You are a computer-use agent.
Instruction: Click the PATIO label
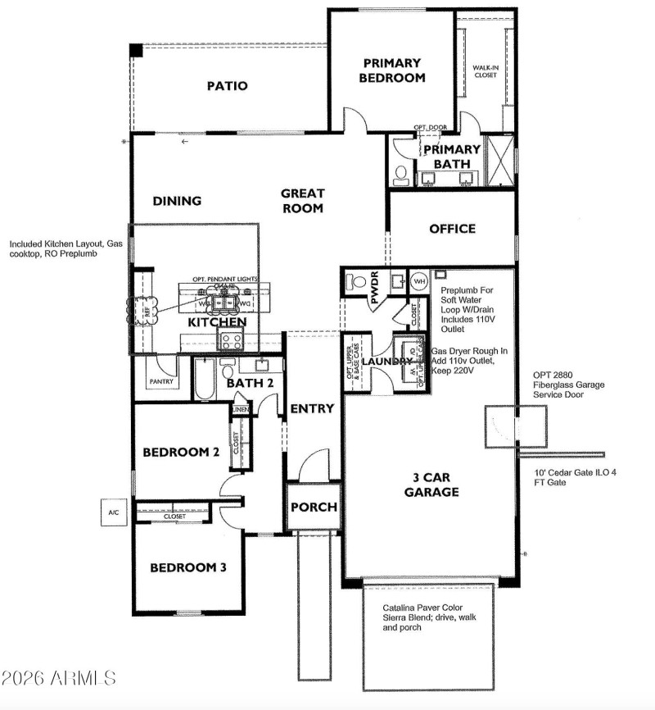click(227, 86)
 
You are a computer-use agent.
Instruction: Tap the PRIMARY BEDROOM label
click(392, 71)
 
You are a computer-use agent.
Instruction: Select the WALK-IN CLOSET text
click(486, 71)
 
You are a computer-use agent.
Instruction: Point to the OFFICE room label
click(452, 229)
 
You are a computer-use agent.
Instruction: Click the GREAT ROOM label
click(303, 201)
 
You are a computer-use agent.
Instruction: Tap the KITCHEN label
click(217, 322)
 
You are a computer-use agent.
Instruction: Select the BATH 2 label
click(244, 383)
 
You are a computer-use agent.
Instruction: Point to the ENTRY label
click(313, 408)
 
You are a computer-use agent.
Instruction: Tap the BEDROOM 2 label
click(180, 452)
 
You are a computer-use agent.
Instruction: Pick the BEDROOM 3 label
click(187, 567)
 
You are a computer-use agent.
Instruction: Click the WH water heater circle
click(418, 281)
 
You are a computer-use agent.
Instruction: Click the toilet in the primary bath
click(401, 174)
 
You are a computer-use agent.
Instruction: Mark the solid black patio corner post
click(135, 49)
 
